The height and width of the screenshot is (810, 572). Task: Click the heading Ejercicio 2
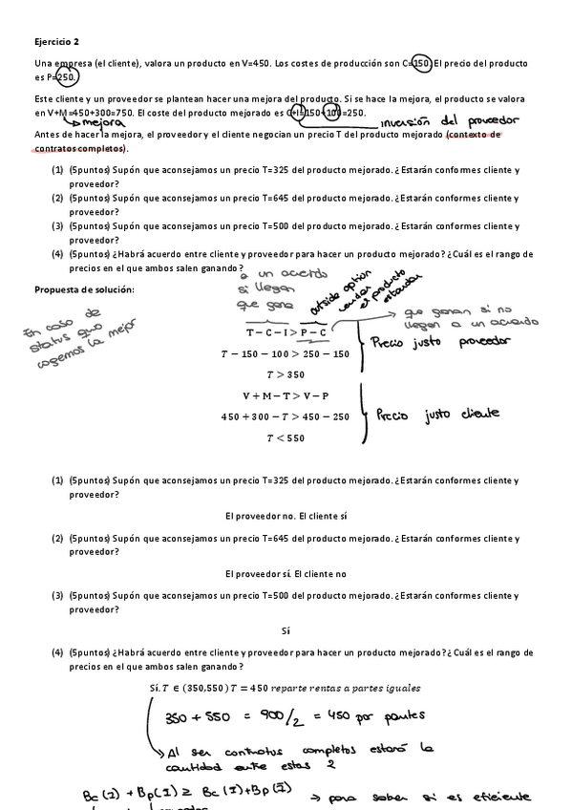tap(57, 42)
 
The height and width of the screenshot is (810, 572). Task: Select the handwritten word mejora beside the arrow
tap(105, 123)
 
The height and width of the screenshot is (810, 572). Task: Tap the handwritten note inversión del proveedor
tap(449, 123)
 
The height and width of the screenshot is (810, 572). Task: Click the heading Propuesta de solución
tap(85, 289)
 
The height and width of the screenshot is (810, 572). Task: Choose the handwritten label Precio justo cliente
tap(439, 416)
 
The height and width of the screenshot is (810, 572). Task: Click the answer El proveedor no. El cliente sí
tap(286, 516)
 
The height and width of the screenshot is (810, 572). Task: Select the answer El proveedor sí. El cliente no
tap(286, 573)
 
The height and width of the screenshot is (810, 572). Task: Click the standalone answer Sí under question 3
tap(286, 630)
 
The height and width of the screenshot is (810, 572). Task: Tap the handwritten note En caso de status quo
tap(76, 339)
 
